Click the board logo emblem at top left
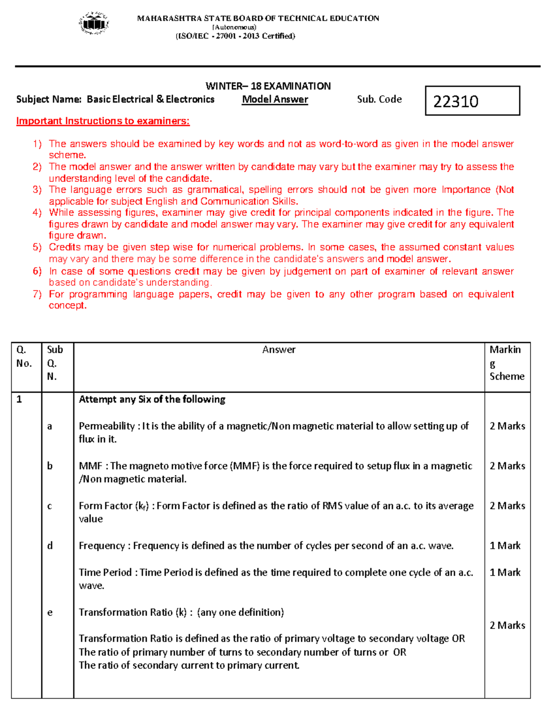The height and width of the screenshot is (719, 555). point(94,23)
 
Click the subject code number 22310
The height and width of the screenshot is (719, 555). point(456,101)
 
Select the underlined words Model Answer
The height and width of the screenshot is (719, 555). point(275,100)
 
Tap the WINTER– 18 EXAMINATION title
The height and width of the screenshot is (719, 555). point(268,86)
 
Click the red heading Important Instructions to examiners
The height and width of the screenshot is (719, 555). point(103,121)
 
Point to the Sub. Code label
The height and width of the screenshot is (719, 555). point(379,100)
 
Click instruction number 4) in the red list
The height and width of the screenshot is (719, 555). point(37,213)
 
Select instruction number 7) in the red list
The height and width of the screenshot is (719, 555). point(37,294)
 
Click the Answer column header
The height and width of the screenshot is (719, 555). point(278,350)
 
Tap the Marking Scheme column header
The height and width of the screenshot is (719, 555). point(506,363)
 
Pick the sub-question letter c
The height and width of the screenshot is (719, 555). point(49,506)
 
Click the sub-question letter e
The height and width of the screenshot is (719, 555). point(49,613)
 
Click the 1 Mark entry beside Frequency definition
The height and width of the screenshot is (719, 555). point(505,546)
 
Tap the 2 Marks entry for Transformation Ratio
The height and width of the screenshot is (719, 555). point(507,625)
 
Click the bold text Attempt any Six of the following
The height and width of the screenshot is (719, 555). point(152,400)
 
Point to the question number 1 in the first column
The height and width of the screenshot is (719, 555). point(19,400)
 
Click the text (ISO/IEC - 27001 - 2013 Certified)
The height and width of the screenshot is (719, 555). point(235,36)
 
